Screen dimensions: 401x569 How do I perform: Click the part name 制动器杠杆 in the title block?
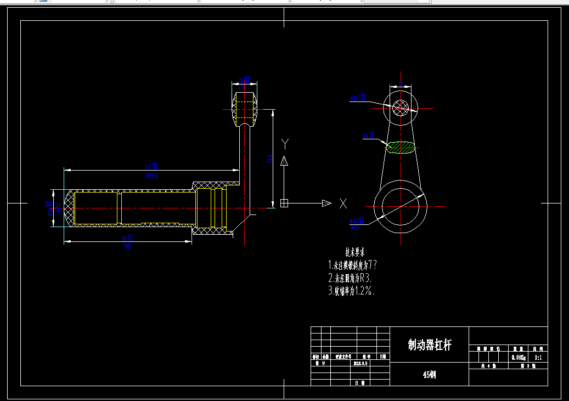tap(429, 345)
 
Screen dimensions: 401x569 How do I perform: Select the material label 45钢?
tap(429, 375)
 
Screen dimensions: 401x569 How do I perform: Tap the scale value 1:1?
tap(538, 358)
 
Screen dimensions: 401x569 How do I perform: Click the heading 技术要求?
tap(355, 252)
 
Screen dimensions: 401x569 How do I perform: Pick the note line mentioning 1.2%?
tap(354, 291)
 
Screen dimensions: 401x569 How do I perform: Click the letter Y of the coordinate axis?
tap(285, 144)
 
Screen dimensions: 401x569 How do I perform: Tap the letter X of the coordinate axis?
tap(343, 204)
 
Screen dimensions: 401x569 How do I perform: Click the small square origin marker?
tap(284, 204)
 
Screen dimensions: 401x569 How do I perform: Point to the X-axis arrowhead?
tap(326, 204)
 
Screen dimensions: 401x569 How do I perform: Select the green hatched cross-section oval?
tap(401, 147)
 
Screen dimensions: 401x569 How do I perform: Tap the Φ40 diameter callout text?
tap(357, 222)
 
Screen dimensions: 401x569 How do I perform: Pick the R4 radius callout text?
tap(368, 135)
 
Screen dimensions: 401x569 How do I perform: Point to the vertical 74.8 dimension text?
tap(269, 159)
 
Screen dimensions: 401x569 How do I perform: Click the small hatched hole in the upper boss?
tap(401, 108)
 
